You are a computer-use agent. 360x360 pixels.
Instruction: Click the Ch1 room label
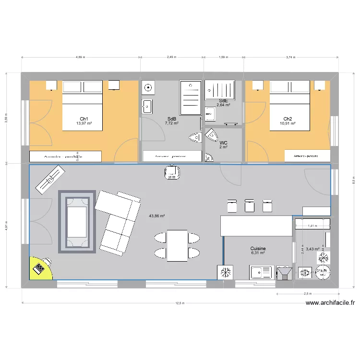tap(84, 119)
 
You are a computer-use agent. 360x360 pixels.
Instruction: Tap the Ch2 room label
tap(288, 119)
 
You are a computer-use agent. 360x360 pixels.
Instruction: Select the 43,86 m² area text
tap(157, 216)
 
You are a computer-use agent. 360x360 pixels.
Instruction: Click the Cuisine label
tap(258, 249)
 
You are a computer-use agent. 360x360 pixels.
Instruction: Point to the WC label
tap(223, 143)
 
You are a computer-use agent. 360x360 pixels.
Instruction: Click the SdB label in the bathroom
tap(171, 119)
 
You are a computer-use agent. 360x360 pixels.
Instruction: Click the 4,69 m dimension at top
tap(80, 57)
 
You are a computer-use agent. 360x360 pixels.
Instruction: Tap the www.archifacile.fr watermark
tap(330, 303)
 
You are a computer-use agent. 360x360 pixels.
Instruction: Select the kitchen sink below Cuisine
tap(262, 273)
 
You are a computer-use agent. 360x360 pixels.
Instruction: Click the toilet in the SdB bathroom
tap(195, 138)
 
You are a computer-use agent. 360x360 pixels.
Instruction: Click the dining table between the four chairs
tap(177, 245)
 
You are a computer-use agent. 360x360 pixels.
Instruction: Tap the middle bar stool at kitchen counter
tap(249, 205)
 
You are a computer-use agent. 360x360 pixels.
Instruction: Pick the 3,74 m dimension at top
tap(290, 57)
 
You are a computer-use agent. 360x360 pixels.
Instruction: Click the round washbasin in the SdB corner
tap(148, 88)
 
